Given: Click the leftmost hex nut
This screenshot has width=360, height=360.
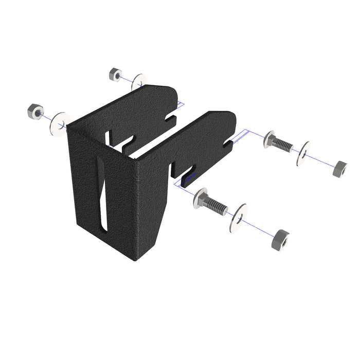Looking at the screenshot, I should [35, 111].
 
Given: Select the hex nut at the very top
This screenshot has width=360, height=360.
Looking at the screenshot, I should [115, 75].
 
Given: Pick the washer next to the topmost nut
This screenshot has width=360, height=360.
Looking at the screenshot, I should [138, 82].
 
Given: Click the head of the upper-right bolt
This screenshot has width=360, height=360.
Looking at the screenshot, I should [268, 140].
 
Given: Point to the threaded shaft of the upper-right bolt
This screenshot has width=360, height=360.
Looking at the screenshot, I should [282, 145].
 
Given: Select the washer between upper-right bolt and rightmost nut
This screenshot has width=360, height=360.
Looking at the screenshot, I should [304, 154].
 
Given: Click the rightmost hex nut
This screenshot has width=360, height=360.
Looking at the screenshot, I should [339, 168].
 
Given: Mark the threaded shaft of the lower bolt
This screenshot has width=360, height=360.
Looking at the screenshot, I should [216, 206].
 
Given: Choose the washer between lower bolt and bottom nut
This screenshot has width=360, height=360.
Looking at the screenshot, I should [239, 218].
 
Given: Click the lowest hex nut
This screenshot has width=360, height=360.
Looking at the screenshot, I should [280, 240].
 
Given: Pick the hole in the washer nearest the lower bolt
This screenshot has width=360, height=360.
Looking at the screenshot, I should [239, 218].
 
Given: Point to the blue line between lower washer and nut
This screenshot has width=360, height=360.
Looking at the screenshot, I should [260, 229].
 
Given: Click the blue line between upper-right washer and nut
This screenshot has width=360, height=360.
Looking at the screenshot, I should [321, 161].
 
